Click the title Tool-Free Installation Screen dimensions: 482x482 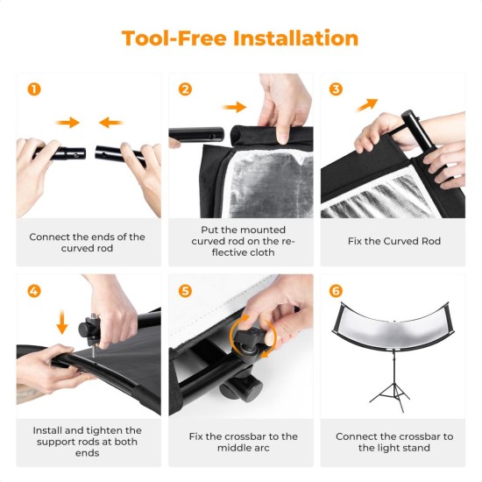tap(240, 39)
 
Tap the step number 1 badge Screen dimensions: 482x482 tap(33, 89)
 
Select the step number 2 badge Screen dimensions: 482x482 tap(185, 89)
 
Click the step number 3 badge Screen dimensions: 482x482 tap(336, 89)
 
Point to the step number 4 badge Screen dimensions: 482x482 tap(33, 290)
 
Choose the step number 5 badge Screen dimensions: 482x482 tap(185, 290)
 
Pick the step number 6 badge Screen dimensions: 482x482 tap(336, 290)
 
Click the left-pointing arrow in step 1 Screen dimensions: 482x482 tap(110, 123)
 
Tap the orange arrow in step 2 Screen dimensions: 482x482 tap(234, 107)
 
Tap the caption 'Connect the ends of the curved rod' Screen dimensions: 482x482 tap(88, 242)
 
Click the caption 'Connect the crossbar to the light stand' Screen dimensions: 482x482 tap(394, 442)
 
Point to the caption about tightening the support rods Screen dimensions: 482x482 tap(88, 442)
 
